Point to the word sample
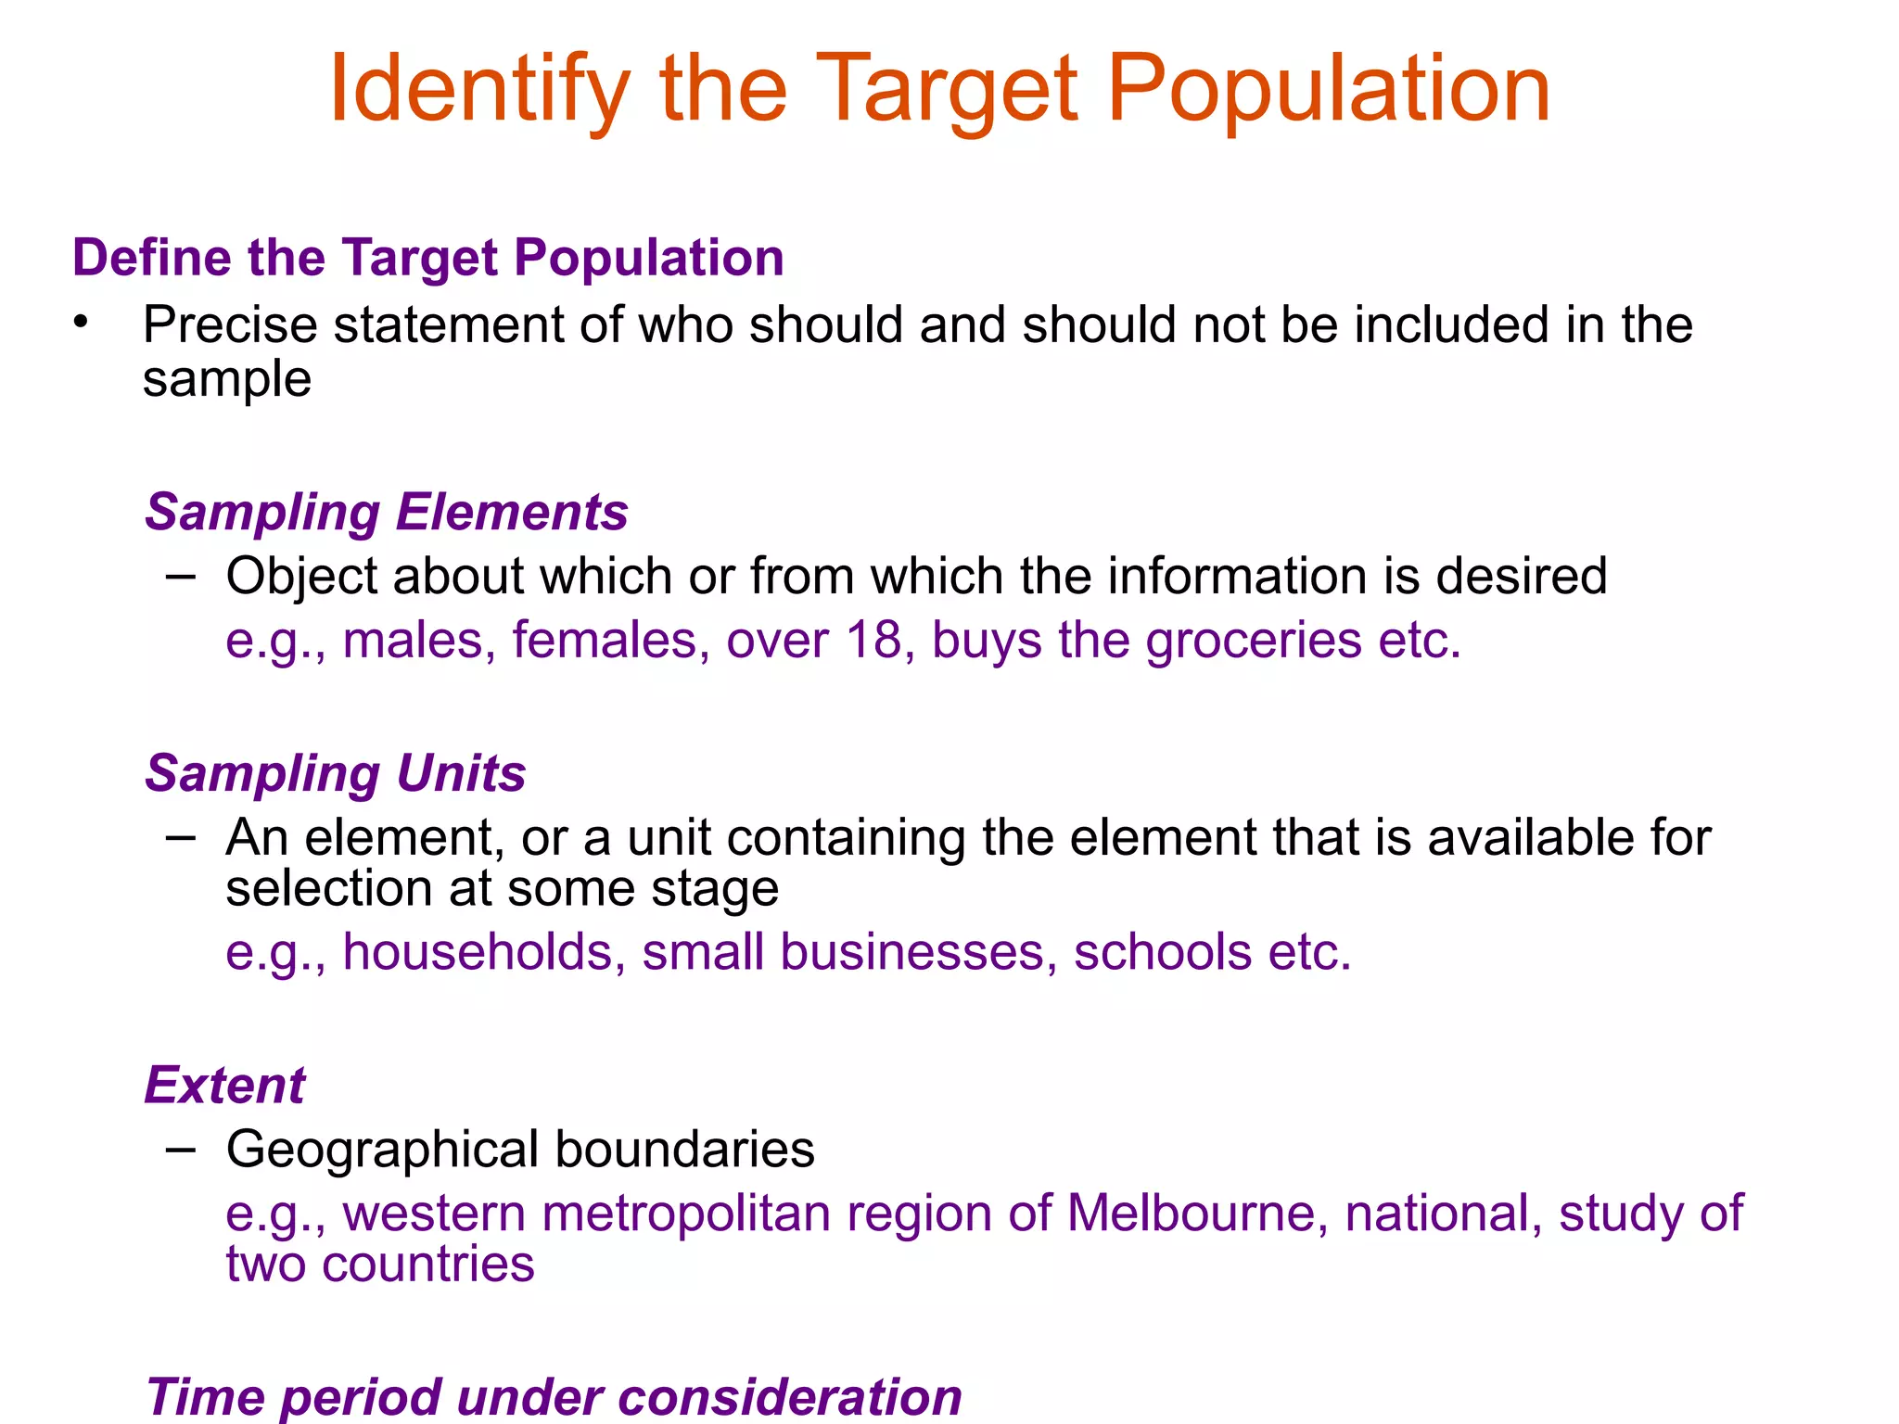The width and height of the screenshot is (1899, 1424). tap(227, 380)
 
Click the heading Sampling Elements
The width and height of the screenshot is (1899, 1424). tap(387, 512)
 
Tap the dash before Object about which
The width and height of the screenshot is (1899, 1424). tap(181, 577)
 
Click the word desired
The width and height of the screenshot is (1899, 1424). tap(1521, 577)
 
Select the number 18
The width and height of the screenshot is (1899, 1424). tap(873, 641)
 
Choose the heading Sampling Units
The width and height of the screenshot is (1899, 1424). tap(336, 773)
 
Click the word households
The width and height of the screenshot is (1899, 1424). tap(478, 952)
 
